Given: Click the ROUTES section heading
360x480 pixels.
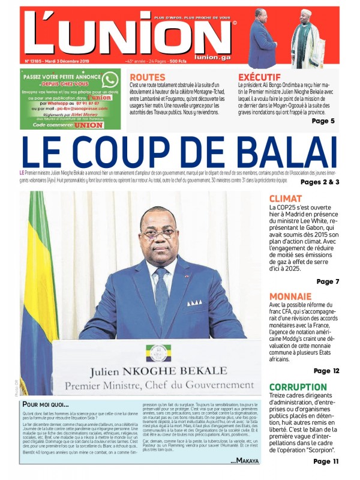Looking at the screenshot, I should [148, 77].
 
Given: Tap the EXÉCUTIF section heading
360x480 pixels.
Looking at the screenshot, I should [259, 77].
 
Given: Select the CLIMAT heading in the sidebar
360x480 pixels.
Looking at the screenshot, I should [286, 199].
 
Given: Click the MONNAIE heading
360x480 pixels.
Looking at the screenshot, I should [290, 296].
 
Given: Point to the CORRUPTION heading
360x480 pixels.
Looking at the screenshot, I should [298, 387].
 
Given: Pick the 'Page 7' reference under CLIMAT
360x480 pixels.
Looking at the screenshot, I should [328, 281].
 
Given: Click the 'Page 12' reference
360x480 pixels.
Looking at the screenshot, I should [326, 371].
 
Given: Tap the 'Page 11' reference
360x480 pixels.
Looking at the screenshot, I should [326, 461].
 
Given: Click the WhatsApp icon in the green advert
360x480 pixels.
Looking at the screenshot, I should [110, 80].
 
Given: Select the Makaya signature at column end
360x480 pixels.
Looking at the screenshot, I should [244, 461].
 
